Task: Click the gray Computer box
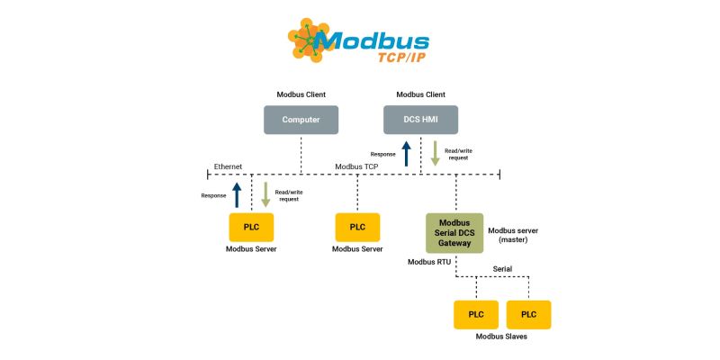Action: point(301,120)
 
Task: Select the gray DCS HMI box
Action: point(421,120)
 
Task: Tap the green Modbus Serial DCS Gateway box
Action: point(454,232)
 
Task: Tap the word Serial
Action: point(504,269)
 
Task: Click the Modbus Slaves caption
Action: point(501,337)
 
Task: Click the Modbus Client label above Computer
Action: point(301,94)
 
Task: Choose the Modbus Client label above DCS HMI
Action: point(421,94)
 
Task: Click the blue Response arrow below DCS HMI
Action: point(406,153)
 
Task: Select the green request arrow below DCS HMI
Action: point(435,153)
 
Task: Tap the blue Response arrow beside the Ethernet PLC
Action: point(236,193)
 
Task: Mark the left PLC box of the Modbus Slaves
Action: point(475,314)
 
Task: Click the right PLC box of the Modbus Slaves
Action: point(528,314)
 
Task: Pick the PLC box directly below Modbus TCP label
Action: point(357,227)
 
